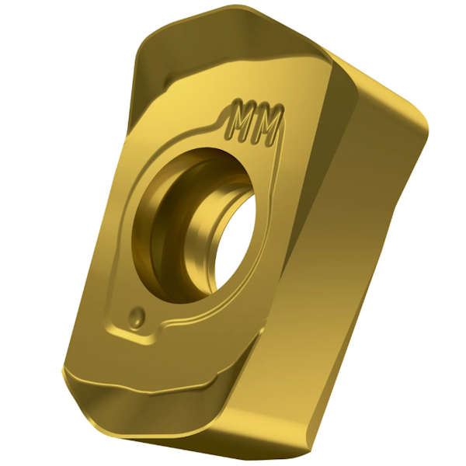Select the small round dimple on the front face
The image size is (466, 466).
[137, 315]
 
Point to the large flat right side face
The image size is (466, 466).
[357, 256]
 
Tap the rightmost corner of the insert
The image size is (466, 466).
[428, 128]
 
